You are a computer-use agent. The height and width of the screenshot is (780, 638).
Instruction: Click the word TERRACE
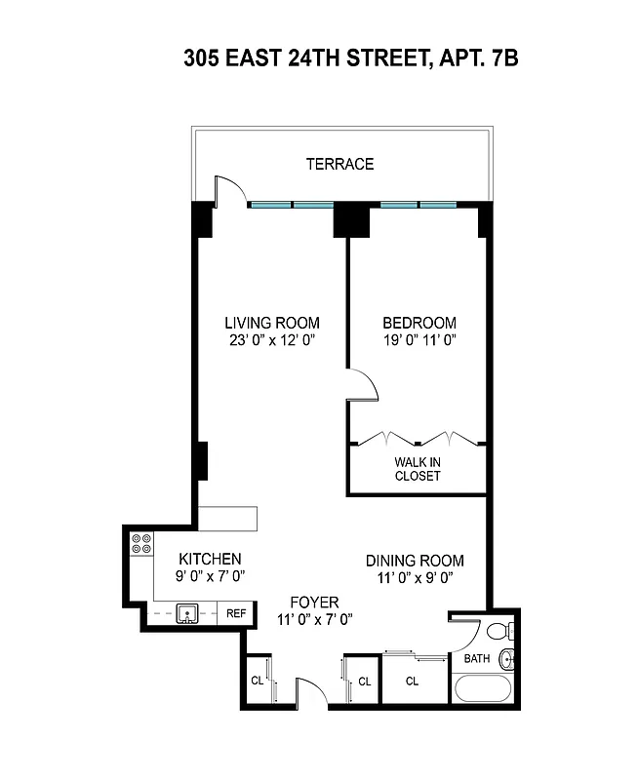339,164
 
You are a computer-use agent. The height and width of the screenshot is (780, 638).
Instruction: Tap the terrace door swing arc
227,187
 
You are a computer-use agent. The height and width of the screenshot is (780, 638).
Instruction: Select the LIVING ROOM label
272,323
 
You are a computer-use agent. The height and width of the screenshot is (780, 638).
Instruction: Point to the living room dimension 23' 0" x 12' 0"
272,341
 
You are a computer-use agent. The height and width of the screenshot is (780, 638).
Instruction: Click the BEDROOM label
419,323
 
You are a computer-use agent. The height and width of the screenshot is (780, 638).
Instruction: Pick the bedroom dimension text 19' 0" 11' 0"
419,341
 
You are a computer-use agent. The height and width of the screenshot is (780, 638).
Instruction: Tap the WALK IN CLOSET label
418,469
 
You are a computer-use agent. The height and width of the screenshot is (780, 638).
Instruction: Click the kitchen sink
188,614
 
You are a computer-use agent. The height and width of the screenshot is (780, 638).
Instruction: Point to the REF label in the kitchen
236,613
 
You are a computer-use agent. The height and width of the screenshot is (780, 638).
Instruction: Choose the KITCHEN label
210,559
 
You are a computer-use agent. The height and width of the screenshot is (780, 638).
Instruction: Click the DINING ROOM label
415,561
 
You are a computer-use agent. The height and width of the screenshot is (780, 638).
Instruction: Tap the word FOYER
313,602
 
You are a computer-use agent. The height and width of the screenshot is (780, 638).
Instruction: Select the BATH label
476,659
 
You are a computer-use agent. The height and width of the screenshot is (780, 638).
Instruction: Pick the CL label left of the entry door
258,681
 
